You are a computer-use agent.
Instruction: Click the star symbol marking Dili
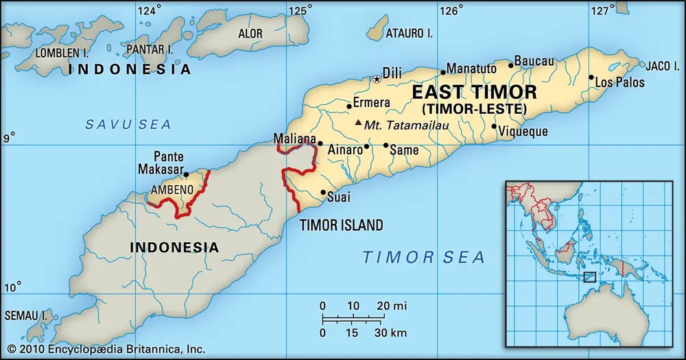pyautogui.click(x=377, y=80)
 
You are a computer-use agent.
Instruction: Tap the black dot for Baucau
pyautogui.click(x=510, y=66)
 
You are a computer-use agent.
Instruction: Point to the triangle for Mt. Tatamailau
pyautogui.click(x=358, y=123)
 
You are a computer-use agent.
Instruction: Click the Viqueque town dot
pyautogui.click(x=494, y=126)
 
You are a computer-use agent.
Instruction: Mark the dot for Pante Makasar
pyautogui.click(x=187, y=175)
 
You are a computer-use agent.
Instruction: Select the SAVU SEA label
pyautogui.click(x=128, y=124)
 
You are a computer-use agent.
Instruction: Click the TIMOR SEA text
pyautogui.click(x=423, y=257)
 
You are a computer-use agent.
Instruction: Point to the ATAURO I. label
pyautogui.click(x=408, y=33)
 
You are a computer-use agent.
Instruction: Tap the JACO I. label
pyautogui.click(x=661, y=65)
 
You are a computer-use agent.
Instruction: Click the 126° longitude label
pyautogui.click(x=451, y=10)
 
